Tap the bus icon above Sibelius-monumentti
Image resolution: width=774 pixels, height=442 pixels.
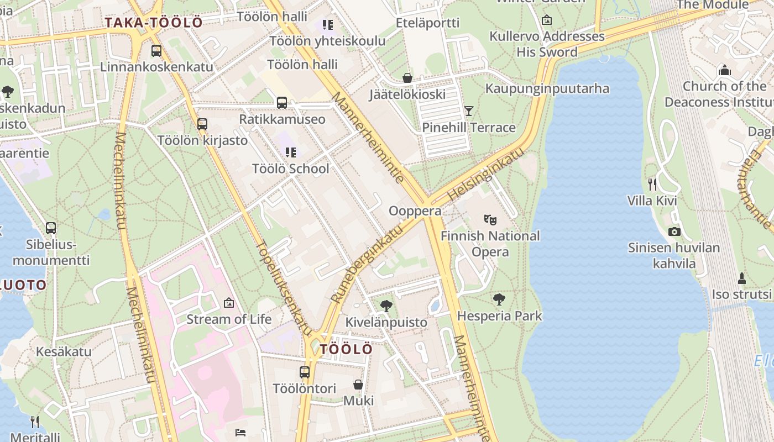click(x=51, y=228)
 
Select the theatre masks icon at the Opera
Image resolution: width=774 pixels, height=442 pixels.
click(x=489, y=219)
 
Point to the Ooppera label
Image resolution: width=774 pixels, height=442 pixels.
click(x=415, y=211)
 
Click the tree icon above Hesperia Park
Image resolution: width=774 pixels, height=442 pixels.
click(x=499, y=299)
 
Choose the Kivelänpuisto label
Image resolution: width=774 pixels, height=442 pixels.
click(x=386, y=322)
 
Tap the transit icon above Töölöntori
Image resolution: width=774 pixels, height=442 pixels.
click(x=305, y=372)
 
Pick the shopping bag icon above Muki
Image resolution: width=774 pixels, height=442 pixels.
click(x=358, y=385)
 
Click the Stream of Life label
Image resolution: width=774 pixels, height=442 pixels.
click(x=229, y=319)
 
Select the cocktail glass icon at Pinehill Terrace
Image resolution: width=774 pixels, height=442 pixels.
click(x=469, y=111)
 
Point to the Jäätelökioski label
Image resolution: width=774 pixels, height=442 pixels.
click(x=407, y=94)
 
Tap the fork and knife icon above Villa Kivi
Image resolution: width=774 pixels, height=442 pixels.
click(x=652, y=184)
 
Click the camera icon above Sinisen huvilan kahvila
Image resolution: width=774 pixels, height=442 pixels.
click(x=674, y=231)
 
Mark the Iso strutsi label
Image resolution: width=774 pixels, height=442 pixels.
click(x=741, y=294)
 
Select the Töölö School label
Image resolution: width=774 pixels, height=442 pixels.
click(x=290, y=169)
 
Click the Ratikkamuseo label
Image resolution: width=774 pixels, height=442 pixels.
click(x=282, y=119)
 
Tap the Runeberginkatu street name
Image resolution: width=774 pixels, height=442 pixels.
click(x=367, y=263)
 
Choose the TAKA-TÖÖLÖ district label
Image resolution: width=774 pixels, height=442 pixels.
click(x=154, y=23)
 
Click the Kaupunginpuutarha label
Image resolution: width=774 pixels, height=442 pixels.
click(x=547, y=88)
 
